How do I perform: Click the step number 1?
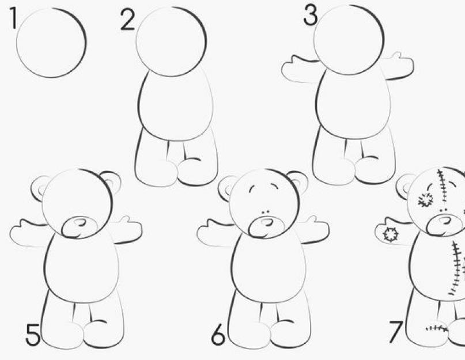pyautogui.click(x=13, y=18)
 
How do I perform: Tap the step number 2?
pyautogui.click(x=127, y=20)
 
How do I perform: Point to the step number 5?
pyautogui.click(x=33, y=335)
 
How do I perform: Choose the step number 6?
pyautogui.click(x=218, y=334)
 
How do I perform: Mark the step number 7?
pyautogui.click(x=396, y=332)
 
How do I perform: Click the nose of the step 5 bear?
pyautogui.click(x=80, y=222)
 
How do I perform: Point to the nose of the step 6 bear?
pyautogui.click(x=267, y=222)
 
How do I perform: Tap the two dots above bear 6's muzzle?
pyautogui.click(x=265, y=212)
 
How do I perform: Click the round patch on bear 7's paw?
pyautogui.click(x=390, y=234)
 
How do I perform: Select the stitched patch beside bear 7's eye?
pyautogui.click(x=426, y=200)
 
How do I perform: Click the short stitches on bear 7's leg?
pyautogui.click(x=437, y=328)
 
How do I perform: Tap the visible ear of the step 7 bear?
pyautogui.click(x=404, y=187)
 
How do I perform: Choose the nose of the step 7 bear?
pyautogui.click(x=445, y=221)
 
